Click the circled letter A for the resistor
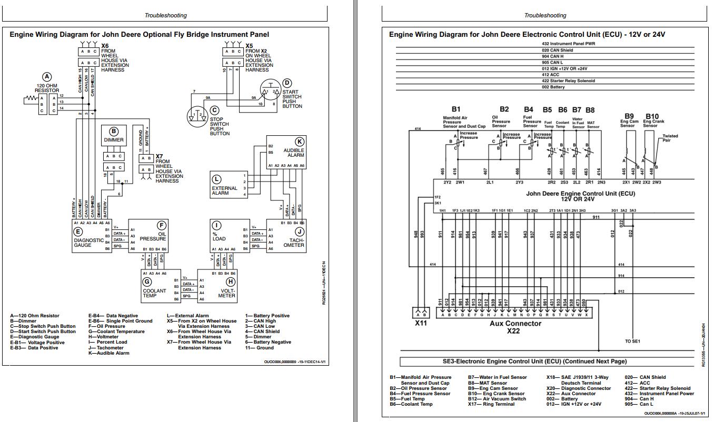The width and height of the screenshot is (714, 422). (47, 77)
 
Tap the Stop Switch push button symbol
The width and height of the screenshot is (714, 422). (198, 115)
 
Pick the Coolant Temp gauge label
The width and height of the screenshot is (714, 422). (154, 293)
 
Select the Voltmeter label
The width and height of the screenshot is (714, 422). (227, 293)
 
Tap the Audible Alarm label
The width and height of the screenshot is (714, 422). (294, 153)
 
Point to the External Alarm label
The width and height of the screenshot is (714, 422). (224, 190)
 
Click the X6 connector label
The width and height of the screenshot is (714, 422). (105, 46)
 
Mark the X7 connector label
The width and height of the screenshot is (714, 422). (159, 156)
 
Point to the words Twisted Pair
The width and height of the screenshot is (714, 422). (670, 138)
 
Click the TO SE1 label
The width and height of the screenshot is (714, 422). (632, 341)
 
